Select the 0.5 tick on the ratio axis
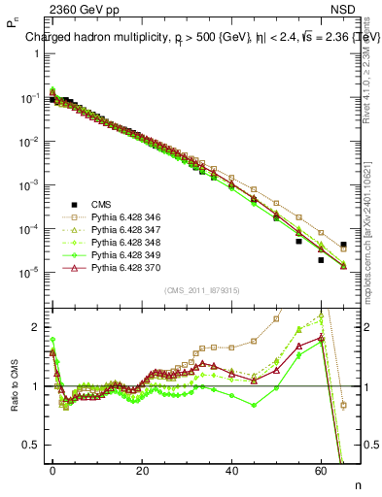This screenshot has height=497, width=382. [30, 445]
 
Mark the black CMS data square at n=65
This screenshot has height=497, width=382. [343, 245]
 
